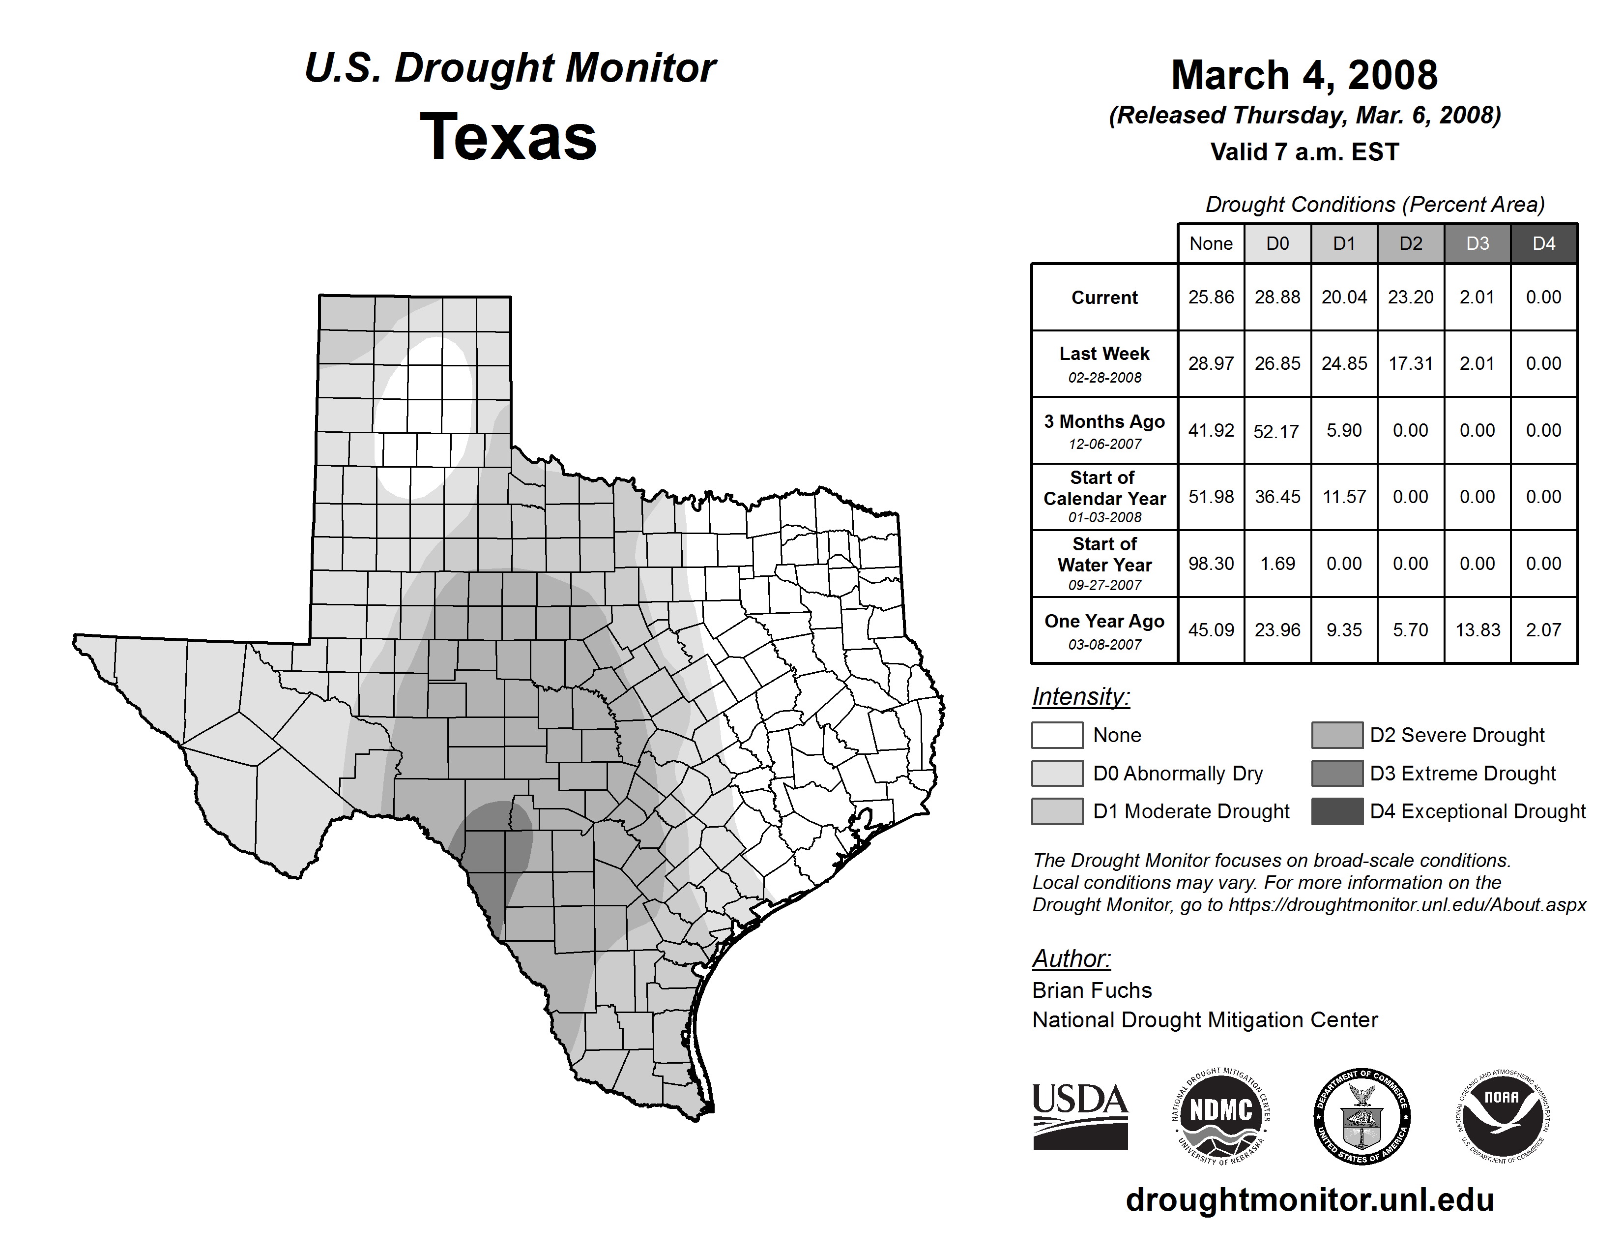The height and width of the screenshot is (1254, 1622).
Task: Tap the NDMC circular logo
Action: coord(1221,1117)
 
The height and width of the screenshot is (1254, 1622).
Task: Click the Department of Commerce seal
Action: coord(1362,1117)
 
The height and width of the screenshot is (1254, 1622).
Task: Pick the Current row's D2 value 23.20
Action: coord(1410,297)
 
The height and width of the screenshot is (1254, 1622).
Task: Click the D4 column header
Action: coord(1543,243)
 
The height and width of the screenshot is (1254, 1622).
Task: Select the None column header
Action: coord(1211,243)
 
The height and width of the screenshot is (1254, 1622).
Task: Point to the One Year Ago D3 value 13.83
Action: coord(1477,630)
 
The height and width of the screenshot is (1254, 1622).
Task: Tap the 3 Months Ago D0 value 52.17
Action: coord(1276,431)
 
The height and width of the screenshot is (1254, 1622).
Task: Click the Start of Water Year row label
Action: coord(1104,564)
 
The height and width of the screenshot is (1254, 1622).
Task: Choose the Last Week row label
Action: coord(1104,363)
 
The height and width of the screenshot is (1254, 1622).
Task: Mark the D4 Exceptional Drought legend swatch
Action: coord(1337,811)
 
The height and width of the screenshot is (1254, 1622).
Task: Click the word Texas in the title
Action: coord(508,137)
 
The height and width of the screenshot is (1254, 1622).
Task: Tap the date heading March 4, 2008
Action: coord(1304,75)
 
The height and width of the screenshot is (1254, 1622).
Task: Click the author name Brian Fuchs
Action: coord(1092,990)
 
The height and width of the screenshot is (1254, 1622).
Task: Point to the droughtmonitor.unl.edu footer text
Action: coord(1309,1200)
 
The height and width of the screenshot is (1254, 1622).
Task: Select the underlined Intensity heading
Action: coord(1080,697)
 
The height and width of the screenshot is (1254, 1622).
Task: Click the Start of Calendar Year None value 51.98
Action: coord(1211,497)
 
